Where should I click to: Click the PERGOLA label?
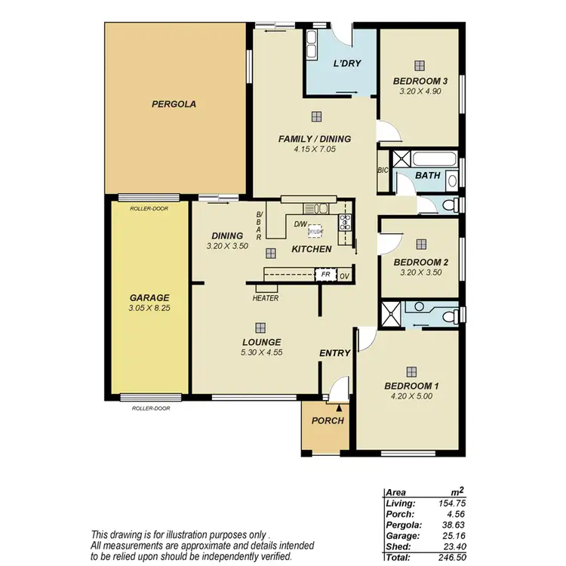point(174,105)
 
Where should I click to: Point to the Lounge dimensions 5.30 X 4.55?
point(261,352)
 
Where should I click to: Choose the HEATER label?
point(266,298)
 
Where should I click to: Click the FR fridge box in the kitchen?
point(325,275)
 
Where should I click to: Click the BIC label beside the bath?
point(383,170)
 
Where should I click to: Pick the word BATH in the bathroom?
point(428,175)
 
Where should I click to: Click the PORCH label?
point(328,420)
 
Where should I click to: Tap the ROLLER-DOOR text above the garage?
point(149,208)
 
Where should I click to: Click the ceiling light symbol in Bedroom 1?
point(411,371)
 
